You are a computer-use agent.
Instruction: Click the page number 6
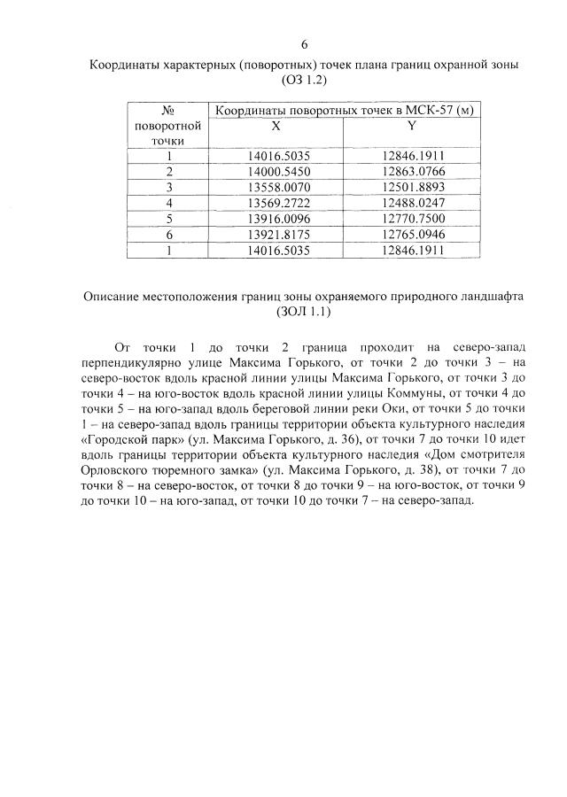tap(304, 45)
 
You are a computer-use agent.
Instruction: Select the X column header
tap(276, 126)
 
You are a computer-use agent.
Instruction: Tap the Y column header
tap(412, 126)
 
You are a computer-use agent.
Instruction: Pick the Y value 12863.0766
tap(413, 172)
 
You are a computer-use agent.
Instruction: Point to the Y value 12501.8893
tap(413, 187)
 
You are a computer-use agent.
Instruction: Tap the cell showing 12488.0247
tap(413, 203)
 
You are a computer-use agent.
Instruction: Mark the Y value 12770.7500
tap(413, 219)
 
